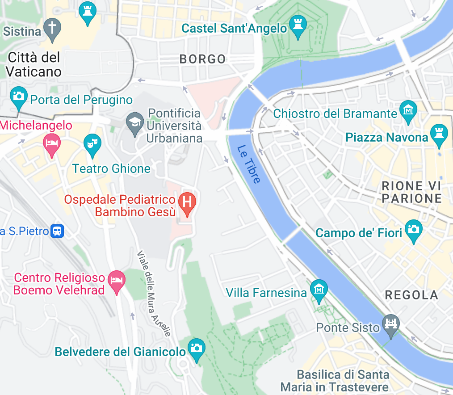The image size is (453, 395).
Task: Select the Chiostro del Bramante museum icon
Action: pyautogui.click(x=408, y=111)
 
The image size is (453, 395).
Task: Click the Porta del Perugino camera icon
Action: pyautogui.click(x=18, y=97)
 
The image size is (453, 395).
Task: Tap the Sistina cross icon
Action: pyautogui.click(x=53, y=28)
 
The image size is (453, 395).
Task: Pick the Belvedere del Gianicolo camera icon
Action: pyautogui.click(x=196, y=349)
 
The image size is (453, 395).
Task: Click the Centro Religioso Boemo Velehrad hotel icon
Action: pyautogui.click(x=117, y=281)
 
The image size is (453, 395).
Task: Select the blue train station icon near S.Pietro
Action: pyautogui.click(x=57, y=231)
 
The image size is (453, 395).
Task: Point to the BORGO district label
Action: pyautogui.click(x=202, y=59)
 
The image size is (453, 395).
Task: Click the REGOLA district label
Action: pyautogui.click(x=411, y=295)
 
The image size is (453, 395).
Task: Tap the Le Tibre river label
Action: pyautogui.click(x=248, y=164)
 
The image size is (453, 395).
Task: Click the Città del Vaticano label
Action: pyautogui.click(x=34, y=64)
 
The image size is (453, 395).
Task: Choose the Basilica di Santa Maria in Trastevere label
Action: pyautogui.click(x=335, y=380)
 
